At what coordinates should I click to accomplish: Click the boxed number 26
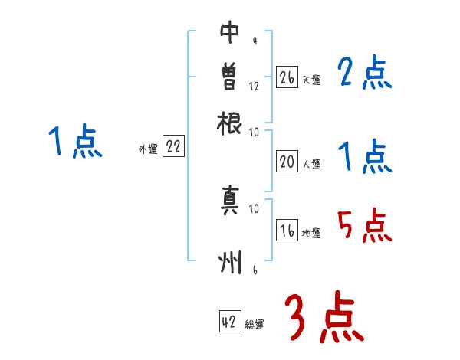287,78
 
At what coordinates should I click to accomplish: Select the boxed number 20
287,162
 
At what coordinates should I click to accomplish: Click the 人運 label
311,164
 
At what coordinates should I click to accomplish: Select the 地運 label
311,234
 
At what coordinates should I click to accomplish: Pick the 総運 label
255,324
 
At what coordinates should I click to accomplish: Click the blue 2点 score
364,74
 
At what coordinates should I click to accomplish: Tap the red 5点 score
364,225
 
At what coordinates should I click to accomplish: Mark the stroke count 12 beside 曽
254,87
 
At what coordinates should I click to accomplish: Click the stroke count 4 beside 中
254,41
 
